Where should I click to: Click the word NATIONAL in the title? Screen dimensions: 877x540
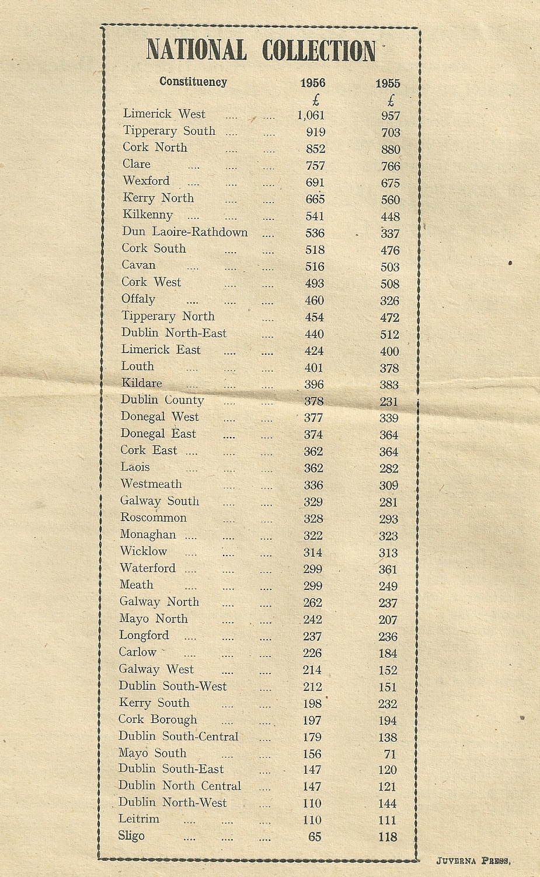point(196,50)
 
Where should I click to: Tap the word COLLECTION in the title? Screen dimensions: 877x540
point(318,50)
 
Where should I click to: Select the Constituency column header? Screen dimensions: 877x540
point(193,82)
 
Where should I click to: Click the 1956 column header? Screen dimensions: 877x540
point(312,83)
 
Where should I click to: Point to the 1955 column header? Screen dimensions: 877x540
point(388,84)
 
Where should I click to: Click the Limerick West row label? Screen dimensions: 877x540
point(164,114)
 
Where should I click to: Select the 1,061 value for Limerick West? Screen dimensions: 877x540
point(311,115)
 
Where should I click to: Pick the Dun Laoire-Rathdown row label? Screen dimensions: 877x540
point(184,232)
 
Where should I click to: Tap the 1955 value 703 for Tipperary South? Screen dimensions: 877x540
point(391,132)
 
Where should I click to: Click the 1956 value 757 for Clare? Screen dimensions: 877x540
point(315,166)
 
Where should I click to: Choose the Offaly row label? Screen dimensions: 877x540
point(138,299)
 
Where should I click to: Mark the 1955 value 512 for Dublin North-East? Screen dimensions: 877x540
point(389,334)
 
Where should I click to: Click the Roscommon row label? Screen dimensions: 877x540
point(153,518)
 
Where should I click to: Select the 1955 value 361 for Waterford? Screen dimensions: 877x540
point(388,569)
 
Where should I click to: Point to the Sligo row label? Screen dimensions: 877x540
point(131,836)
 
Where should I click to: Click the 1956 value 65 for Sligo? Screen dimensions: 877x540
point(315,837)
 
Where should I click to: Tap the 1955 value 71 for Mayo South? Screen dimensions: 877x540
point(390,754)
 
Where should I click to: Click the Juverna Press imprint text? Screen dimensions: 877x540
point(473,861)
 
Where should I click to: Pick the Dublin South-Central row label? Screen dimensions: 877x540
point(178,736)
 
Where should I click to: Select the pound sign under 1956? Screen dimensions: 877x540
point(316,100)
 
